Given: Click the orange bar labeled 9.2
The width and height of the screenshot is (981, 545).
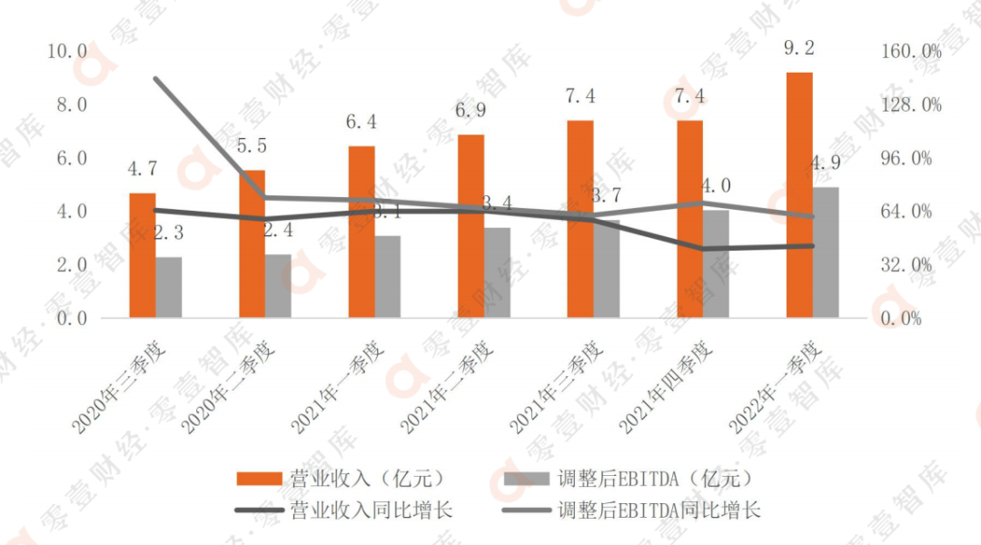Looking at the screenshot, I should (799, 194).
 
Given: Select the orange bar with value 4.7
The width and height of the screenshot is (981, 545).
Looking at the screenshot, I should (143, 254).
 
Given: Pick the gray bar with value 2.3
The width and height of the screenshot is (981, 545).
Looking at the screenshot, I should (169, 287).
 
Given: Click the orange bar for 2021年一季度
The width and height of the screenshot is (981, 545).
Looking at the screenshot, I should (362, 232).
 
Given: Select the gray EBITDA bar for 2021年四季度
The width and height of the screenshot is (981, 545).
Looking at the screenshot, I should (716, 264).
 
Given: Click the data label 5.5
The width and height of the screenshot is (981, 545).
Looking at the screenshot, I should (253, 144).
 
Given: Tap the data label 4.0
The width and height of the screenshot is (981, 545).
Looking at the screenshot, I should (716, 186).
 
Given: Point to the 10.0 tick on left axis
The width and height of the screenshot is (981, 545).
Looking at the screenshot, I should (68, 52).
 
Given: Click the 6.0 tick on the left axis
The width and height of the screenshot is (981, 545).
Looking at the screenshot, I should (68, 158).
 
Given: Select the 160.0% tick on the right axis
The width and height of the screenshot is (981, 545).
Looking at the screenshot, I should (911, 52).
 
